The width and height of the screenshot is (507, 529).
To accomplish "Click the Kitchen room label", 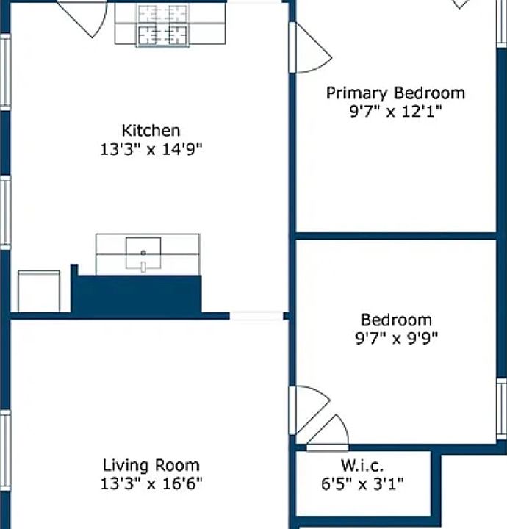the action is click(151, 131).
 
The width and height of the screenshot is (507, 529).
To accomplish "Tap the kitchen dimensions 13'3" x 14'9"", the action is click(151, 148).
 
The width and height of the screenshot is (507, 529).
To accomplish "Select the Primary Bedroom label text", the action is click(395, 93).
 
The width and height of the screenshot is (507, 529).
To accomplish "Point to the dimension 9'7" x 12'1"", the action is click(395, 111).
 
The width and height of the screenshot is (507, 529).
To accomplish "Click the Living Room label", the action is click(151, 465).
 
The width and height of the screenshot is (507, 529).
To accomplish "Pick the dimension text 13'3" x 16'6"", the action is click(151, 483).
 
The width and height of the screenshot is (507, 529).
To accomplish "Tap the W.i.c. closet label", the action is click(362, 466).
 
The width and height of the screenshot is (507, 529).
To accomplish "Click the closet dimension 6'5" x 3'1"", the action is click(362, 483).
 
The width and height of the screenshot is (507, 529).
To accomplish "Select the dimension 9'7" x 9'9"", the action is click(396, 338).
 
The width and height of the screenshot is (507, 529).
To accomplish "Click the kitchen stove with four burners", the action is click(163, 25).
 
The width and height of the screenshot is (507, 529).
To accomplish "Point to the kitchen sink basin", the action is click(143, 253).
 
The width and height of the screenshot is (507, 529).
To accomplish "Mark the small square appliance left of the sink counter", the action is click(39, 291).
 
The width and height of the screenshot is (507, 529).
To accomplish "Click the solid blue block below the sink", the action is click(136, 294).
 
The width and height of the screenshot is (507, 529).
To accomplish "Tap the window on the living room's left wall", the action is click(5, 450).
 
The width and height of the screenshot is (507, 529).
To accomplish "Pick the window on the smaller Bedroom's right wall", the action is click(502, 409).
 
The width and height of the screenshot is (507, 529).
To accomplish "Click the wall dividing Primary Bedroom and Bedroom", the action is click(396, 236).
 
